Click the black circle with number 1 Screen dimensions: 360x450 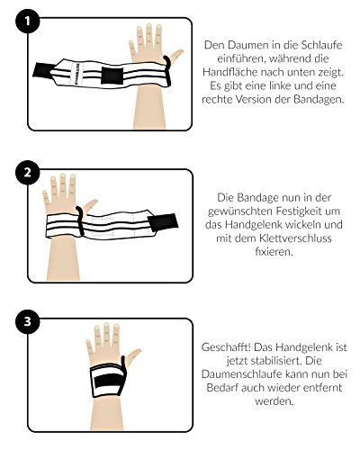[x=27, y=21]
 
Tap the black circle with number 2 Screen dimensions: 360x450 [x=27, y=173]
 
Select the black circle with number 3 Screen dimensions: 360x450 [x=27, y=321]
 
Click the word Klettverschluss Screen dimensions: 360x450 [x=289, y=238]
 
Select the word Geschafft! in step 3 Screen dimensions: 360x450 [x=226, y=347]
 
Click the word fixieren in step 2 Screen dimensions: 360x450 [x=274, y=251]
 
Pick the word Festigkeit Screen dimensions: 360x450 [x=301, y=211]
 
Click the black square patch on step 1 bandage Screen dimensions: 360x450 [x=112, y=76]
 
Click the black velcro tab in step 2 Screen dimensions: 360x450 [x=163, y=223]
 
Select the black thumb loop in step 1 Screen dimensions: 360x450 [x=167, y=71]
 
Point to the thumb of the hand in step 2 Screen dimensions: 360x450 [x=90, y=206]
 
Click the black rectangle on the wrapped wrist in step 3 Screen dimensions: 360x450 [x=108, y=381]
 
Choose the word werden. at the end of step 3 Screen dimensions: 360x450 [x=274, y=401]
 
